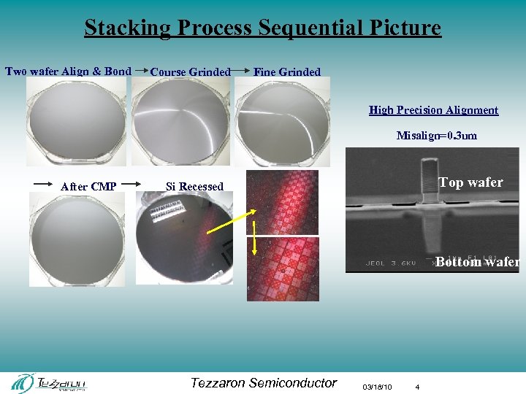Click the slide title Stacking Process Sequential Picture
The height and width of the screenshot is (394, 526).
pos(262,28)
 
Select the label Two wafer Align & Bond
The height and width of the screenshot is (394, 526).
pos(68,71)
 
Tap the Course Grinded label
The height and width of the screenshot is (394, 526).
pos(190,72)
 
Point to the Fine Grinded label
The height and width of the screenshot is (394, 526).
pos(286,72)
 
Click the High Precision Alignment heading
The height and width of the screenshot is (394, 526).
pos(433,110)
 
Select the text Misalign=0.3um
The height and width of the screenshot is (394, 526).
pos(436,135)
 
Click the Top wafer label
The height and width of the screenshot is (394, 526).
pos(470,182)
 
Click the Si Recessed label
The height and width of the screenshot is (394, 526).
pos(194,186)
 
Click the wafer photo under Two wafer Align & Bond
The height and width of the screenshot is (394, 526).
pos(75,121)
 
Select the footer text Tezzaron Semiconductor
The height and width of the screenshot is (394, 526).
pos(263,382)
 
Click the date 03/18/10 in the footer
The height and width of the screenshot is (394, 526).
pos(377,386)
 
